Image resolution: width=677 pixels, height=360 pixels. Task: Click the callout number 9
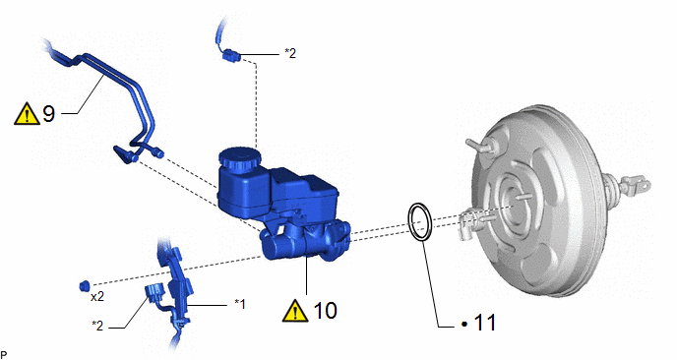tap(49, 114)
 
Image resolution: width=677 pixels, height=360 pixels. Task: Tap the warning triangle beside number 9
tap(27, 114)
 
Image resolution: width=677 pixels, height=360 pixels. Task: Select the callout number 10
tap(325, 311)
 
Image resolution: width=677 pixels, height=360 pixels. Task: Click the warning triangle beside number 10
tap(295, 311)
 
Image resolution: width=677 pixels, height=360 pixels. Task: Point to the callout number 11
tap(485, 323)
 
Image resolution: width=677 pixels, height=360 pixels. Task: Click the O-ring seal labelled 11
tap(419, 222)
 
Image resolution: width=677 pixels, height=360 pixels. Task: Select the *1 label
tap(240, 304)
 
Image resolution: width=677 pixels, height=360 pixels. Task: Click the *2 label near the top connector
tap(290, 53)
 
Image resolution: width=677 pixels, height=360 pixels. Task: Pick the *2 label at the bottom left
tap(97, 326)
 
